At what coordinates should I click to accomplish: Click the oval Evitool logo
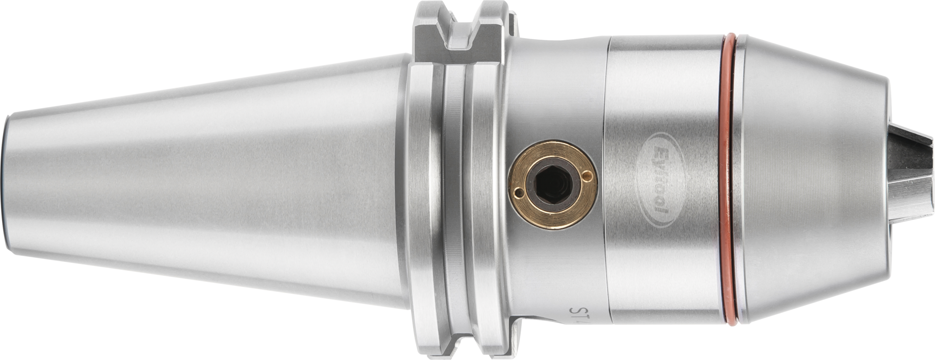pos(662,180)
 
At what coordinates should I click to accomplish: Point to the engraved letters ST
pos(577,311)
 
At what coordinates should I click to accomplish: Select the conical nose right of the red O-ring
pos(808,180)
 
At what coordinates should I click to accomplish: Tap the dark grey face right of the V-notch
pos(489,41)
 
